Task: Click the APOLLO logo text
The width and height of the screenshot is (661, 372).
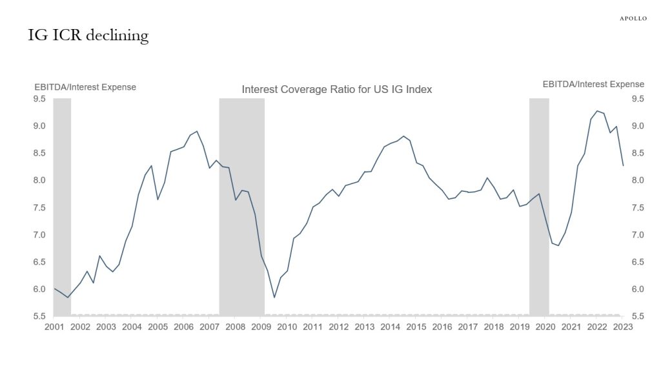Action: click(633, 19)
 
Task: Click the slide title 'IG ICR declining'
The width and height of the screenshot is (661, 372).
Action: click(88, 36)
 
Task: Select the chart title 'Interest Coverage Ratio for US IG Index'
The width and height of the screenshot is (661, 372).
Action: click(336, 90)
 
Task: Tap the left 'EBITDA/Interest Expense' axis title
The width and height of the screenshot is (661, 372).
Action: click(85, 87)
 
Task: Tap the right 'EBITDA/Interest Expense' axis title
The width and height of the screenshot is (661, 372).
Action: click(593, 84)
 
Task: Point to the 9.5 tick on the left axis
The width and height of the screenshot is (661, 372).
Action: click(40, 99)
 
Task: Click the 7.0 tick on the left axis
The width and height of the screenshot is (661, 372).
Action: click(40, 235)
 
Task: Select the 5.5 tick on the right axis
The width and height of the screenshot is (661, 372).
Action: click(638, 316)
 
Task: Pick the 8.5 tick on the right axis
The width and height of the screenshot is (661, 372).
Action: click(638, 153)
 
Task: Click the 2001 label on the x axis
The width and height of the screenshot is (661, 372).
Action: click(54, 327)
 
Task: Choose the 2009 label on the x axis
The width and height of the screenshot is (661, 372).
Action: click(261, 327)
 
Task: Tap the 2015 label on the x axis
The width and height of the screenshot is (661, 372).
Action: click(416, 327)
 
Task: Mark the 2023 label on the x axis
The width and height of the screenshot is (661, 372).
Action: click(623, 327)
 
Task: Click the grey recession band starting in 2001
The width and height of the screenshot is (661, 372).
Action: click(62, 207)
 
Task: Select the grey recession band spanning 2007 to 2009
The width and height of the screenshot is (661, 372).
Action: click(242, 207)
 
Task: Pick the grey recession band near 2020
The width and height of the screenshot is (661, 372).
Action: click(539, 207)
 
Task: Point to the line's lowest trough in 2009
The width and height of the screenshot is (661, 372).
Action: click(274, 297)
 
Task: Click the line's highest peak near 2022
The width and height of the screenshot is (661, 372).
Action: click(597, 111)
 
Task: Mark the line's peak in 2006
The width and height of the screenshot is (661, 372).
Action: click(197, 131)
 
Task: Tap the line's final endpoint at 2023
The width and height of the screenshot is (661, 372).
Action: click(623, 166)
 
